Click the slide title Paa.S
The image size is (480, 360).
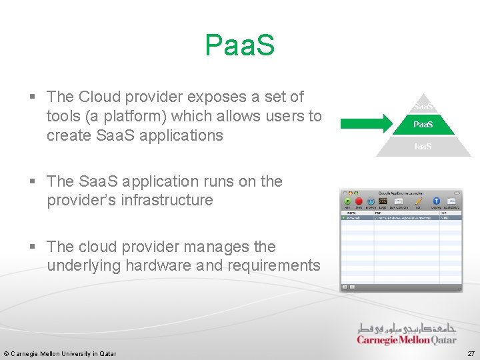tap(239, 45)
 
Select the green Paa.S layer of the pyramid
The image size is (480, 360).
tap(423, 124)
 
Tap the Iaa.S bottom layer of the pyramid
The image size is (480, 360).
tap(423, 145)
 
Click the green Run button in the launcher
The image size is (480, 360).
tap(347, 201)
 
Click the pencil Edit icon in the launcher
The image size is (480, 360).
tap(419, 201)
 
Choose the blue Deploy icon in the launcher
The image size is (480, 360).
tap(436, 201)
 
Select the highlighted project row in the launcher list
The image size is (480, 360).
tap(401, 217)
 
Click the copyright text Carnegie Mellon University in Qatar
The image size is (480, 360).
tap(60, 353)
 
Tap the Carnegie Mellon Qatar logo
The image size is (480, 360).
tap(407, 333)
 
